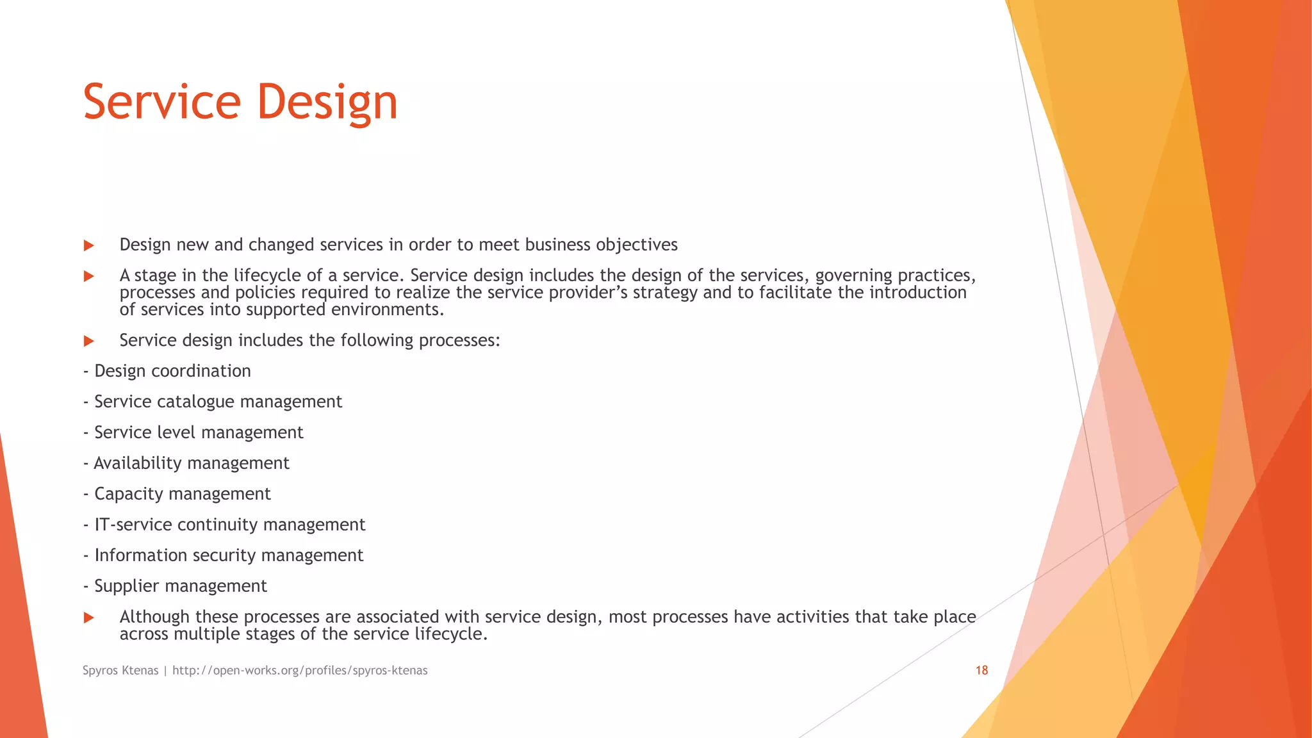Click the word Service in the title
pos(161,102)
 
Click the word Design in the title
pos(327,102)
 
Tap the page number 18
pos(981,671)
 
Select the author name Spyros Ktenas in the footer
pos(120,671)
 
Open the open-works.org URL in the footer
pos(300,671)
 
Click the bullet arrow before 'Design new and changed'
pos(89,245)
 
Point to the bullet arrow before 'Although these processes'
pos(89,618)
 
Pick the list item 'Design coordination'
pos(172,371)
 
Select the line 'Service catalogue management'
pos(218,402)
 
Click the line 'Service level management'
pos(199,432)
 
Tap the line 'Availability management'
pos(191,463)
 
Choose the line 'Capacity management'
pos(183,494)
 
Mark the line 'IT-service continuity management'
pos(229,525)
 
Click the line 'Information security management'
pos(229,555)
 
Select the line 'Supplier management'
pos(180,586)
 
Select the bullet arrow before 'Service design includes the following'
pos(89,341)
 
